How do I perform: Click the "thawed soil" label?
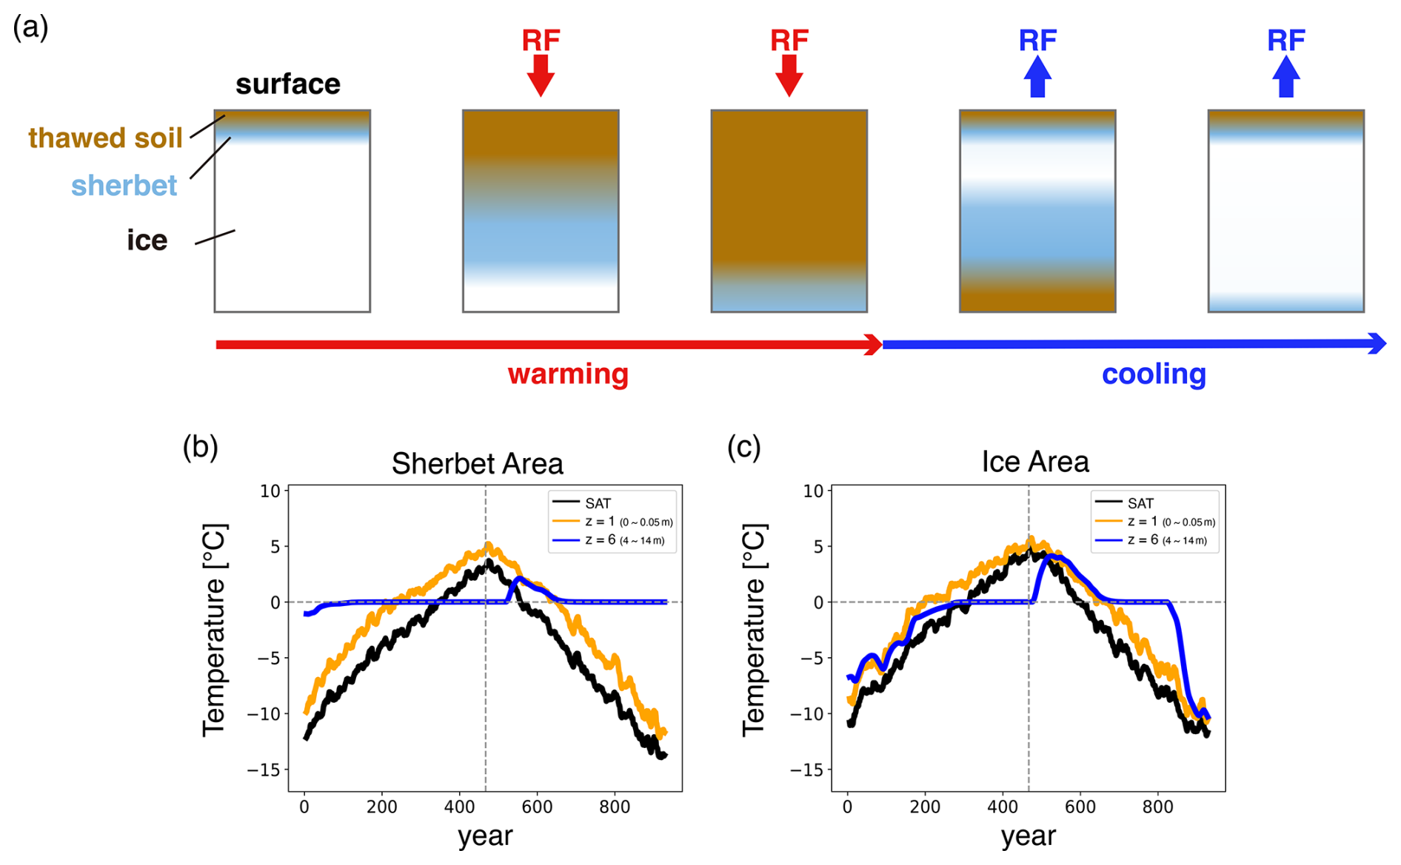coord(105,138)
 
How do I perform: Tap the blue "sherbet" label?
coord(124,185)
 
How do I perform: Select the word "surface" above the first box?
coord(288,84)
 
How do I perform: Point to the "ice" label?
coord(147,240)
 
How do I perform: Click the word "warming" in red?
coord(568,374)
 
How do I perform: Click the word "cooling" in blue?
coord(1154,374)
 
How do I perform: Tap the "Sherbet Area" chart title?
coord(478,464)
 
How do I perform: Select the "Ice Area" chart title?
coord(1035,462)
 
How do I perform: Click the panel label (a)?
coord(31,27)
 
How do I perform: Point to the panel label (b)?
coord(201,447)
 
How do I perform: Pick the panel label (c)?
coord(744,447)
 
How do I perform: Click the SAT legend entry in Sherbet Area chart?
coord(583,503)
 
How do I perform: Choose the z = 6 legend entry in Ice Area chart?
coord(1151,540)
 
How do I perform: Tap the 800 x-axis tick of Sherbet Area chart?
coord(615,807)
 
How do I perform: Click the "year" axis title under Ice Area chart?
coord(1028,837)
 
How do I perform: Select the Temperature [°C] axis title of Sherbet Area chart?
coord(214,630)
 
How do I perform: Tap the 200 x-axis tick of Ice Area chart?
coord(925,807)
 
